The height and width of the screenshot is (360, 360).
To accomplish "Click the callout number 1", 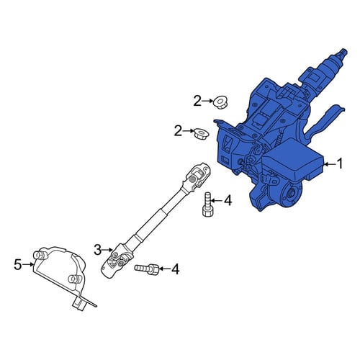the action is coord(340,164).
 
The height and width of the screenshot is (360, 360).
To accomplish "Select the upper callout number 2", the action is coord(197,102).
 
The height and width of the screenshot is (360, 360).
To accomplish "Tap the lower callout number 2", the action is coord(178,131).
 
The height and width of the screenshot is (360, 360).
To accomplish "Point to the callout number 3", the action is coord(98,250).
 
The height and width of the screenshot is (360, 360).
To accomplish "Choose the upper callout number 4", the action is coord(228,200).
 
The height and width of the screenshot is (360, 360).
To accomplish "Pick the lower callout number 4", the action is coord(175,269).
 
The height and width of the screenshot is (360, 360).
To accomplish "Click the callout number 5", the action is coord(18,264).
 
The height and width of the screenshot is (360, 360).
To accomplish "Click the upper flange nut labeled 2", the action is coord(220,102).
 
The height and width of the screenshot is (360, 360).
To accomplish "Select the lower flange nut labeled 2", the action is coord(201,133).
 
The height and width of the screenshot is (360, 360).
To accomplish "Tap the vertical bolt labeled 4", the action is coord(208,204).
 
